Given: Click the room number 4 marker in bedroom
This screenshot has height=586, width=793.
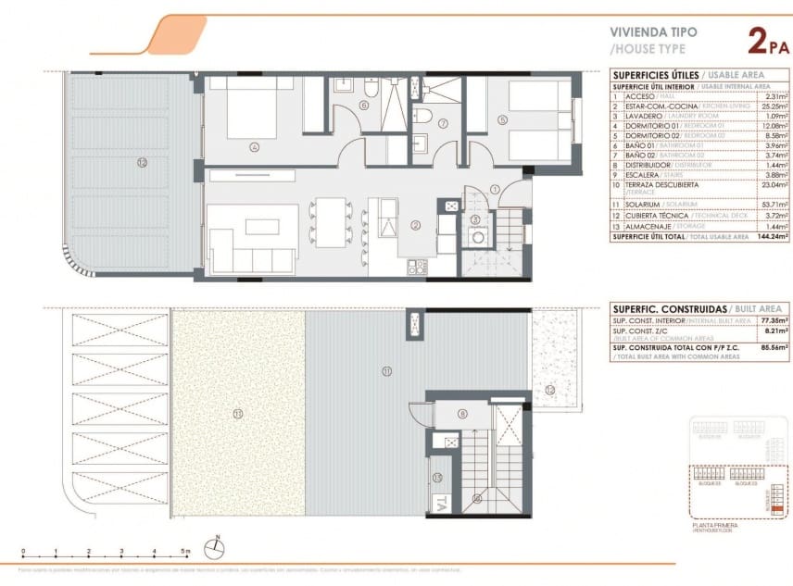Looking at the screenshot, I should (253, 145).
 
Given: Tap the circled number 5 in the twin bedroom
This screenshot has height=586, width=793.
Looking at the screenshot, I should (502, 118).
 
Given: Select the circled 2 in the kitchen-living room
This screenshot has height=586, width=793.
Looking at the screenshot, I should (417, 225).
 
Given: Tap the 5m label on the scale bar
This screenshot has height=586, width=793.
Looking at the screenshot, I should (186, 552).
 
